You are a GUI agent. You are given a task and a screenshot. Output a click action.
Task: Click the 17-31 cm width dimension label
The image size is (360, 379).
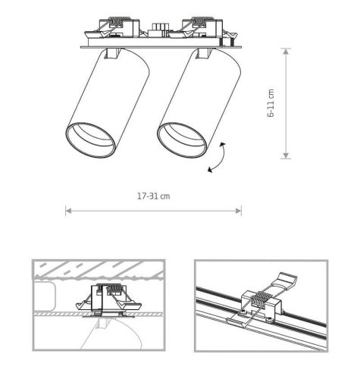(153, 196)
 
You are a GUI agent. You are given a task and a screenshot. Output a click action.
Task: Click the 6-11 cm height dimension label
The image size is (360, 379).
(271, 103)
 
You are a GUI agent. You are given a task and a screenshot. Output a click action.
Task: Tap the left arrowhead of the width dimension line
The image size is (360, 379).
(68, 211)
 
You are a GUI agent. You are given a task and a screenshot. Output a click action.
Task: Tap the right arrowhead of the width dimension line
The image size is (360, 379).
(239, 211)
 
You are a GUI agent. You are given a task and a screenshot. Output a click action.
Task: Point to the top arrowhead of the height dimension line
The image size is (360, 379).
(286, 52)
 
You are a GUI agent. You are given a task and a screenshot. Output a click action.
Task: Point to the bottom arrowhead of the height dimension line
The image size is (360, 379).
(286, 155)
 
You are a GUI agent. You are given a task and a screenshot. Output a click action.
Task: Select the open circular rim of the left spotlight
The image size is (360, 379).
(91, 140)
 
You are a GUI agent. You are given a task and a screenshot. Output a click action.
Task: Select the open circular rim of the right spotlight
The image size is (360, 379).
(182, 140)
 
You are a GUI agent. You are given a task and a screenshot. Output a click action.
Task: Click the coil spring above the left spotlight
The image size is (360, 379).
(119, 21)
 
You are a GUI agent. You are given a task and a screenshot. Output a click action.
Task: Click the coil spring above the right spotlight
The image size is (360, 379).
(202, 21)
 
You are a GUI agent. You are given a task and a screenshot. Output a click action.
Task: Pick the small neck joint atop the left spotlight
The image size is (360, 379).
(112, 53)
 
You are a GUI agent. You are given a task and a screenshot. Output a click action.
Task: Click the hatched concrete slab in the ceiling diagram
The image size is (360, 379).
(99, 269)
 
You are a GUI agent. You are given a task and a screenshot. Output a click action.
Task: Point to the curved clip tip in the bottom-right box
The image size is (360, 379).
(287, 278)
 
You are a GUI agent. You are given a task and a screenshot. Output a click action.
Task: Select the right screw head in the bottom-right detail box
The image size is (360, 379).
(270, 321)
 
